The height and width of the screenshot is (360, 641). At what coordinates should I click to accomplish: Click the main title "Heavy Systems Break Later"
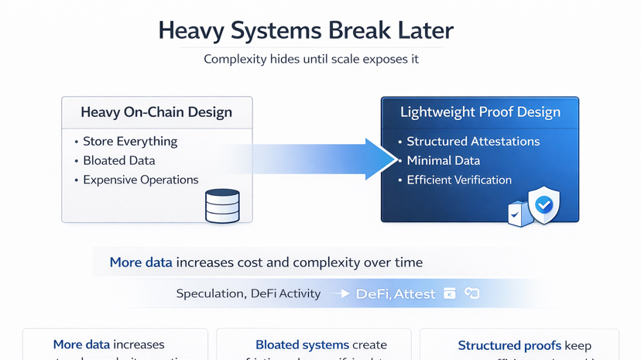pos(306,31)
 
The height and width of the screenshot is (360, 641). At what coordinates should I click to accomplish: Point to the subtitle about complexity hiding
pos(311,59)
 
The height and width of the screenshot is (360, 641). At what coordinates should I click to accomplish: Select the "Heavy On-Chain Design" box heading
pos(156,112)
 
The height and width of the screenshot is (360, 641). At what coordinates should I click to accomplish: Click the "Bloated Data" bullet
pos(119,161)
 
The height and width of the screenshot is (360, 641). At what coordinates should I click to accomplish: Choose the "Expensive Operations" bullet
pos(141,180)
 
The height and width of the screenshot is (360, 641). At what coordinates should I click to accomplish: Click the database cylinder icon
pos(222,206)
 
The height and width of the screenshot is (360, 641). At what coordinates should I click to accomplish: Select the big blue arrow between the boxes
pos(325,159)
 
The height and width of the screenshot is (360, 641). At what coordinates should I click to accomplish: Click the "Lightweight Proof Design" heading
pos(480,112)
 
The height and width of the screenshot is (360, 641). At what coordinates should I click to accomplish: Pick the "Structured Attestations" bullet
pos(473,142)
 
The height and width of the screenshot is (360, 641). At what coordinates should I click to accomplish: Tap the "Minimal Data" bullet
pos(443,161)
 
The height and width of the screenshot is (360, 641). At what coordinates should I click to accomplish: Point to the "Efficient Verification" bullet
pos(459,180)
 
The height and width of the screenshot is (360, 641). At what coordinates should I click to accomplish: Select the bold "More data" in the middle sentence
pos(141,262)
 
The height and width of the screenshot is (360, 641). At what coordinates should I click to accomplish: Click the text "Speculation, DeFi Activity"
pos(248,293)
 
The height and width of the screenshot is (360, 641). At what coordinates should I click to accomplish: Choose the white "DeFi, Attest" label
pos(395,294)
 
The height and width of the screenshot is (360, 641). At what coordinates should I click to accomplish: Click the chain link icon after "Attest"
pos(471,293)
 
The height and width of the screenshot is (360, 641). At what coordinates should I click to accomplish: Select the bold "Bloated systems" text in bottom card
pos(291,345)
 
